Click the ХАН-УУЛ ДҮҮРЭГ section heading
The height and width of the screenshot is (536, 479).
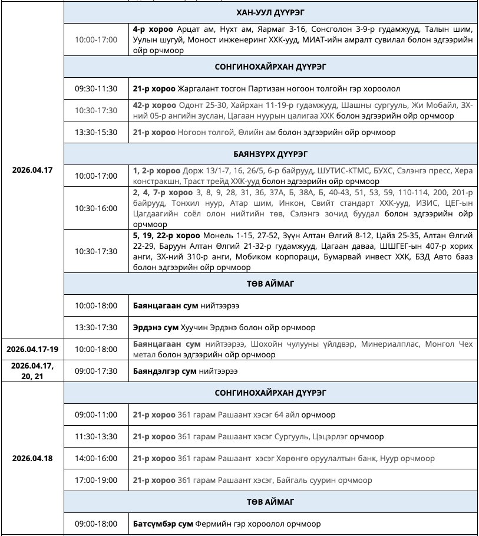click(270, 12)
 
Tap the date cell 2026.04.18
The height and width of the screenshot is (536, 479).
click(32, 458)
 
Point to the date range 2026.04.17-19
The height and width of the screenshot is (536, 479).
click(32, 348)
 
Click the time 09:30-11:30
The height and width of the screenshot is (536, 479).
click(96, 89)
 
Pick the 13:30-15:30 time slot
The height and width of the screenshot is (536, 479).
click(96, 132)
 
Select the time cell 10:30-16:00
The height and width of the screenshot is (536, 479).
click(96, 208)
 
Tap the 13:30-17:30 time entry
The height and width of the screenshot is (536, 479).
click(96, 327)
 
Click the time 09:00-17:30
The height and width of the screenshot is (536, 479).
click(96, 371)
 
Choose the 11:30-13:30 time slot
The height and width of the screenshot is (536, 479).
click(96, 437)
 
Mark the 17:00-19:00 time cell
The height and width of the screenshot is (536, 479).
click(96, 480)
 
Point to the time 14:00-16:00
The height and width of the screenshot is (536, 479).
click(96, 458)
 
